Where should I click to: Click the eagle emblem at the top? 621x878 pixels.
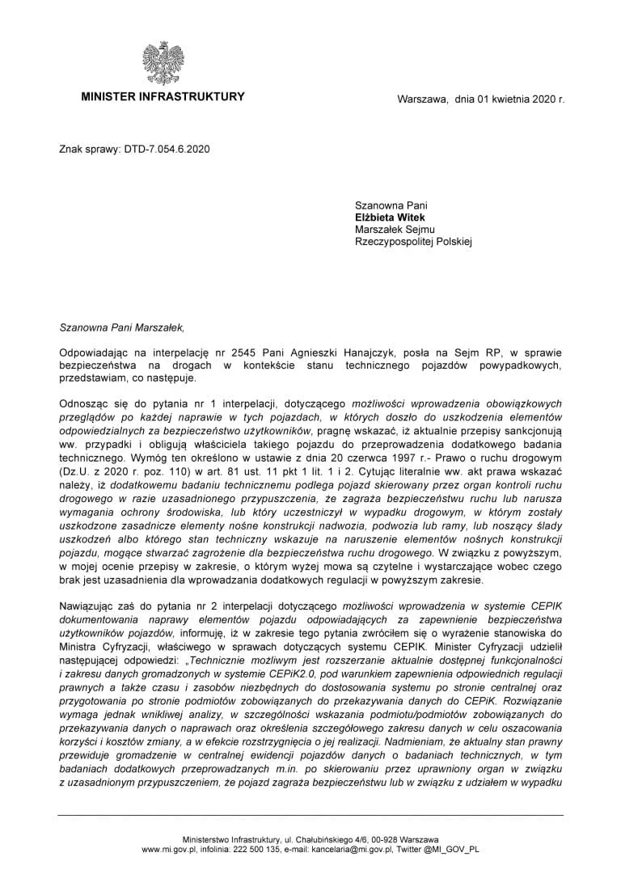tap(163, 64)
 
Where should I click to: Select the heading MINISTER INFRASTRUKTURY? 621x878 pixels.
tap(163, 97)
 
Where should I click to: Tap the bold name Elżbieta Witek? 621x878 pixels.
tap(390, 217)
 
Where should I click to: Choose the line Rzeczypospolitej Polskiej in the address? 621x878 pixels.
tap(413, 241)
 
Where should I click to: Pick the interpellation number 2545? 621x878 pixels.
tap(243, 353)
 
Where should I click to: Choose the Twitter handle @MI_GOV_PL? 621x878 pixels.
tap(453, 850)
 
